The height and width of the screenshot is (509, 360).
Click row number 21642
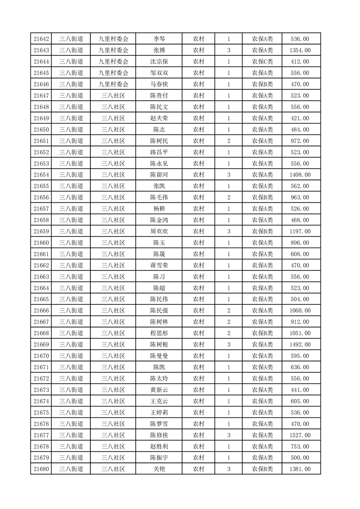(x=41, y=39)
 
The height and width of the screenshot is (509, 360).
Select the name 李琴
(x=159, y=39)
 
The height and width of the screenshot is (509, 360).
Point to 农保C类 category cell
(x=262, y=62)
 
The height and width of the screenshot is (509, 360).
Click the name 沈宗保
(x=159, y=62)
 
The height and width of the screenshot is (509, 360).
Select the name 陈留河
(x=159, y=175)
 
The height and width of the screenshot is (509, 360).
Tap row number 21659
(x=41, y=231)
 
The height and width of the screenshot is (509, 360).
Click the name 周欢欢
(x=159, y=231)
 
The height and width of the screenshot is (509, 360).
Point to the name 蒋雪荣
(x=159, y=265)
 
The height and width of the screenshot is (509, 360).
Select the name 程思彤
(x=159, y=333)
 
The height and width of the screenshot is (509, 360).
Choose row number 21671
(x=41, y=367)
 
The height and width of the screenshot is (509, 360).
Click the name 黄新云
(x=159, y=390)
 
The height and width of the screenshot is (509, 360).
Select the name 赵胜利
(x=159, y=446)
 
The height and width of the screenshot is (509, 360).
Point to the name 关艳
(x=159, y=469)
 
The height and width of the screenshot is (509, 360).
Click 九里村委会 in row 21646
(x=113, y=84)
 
